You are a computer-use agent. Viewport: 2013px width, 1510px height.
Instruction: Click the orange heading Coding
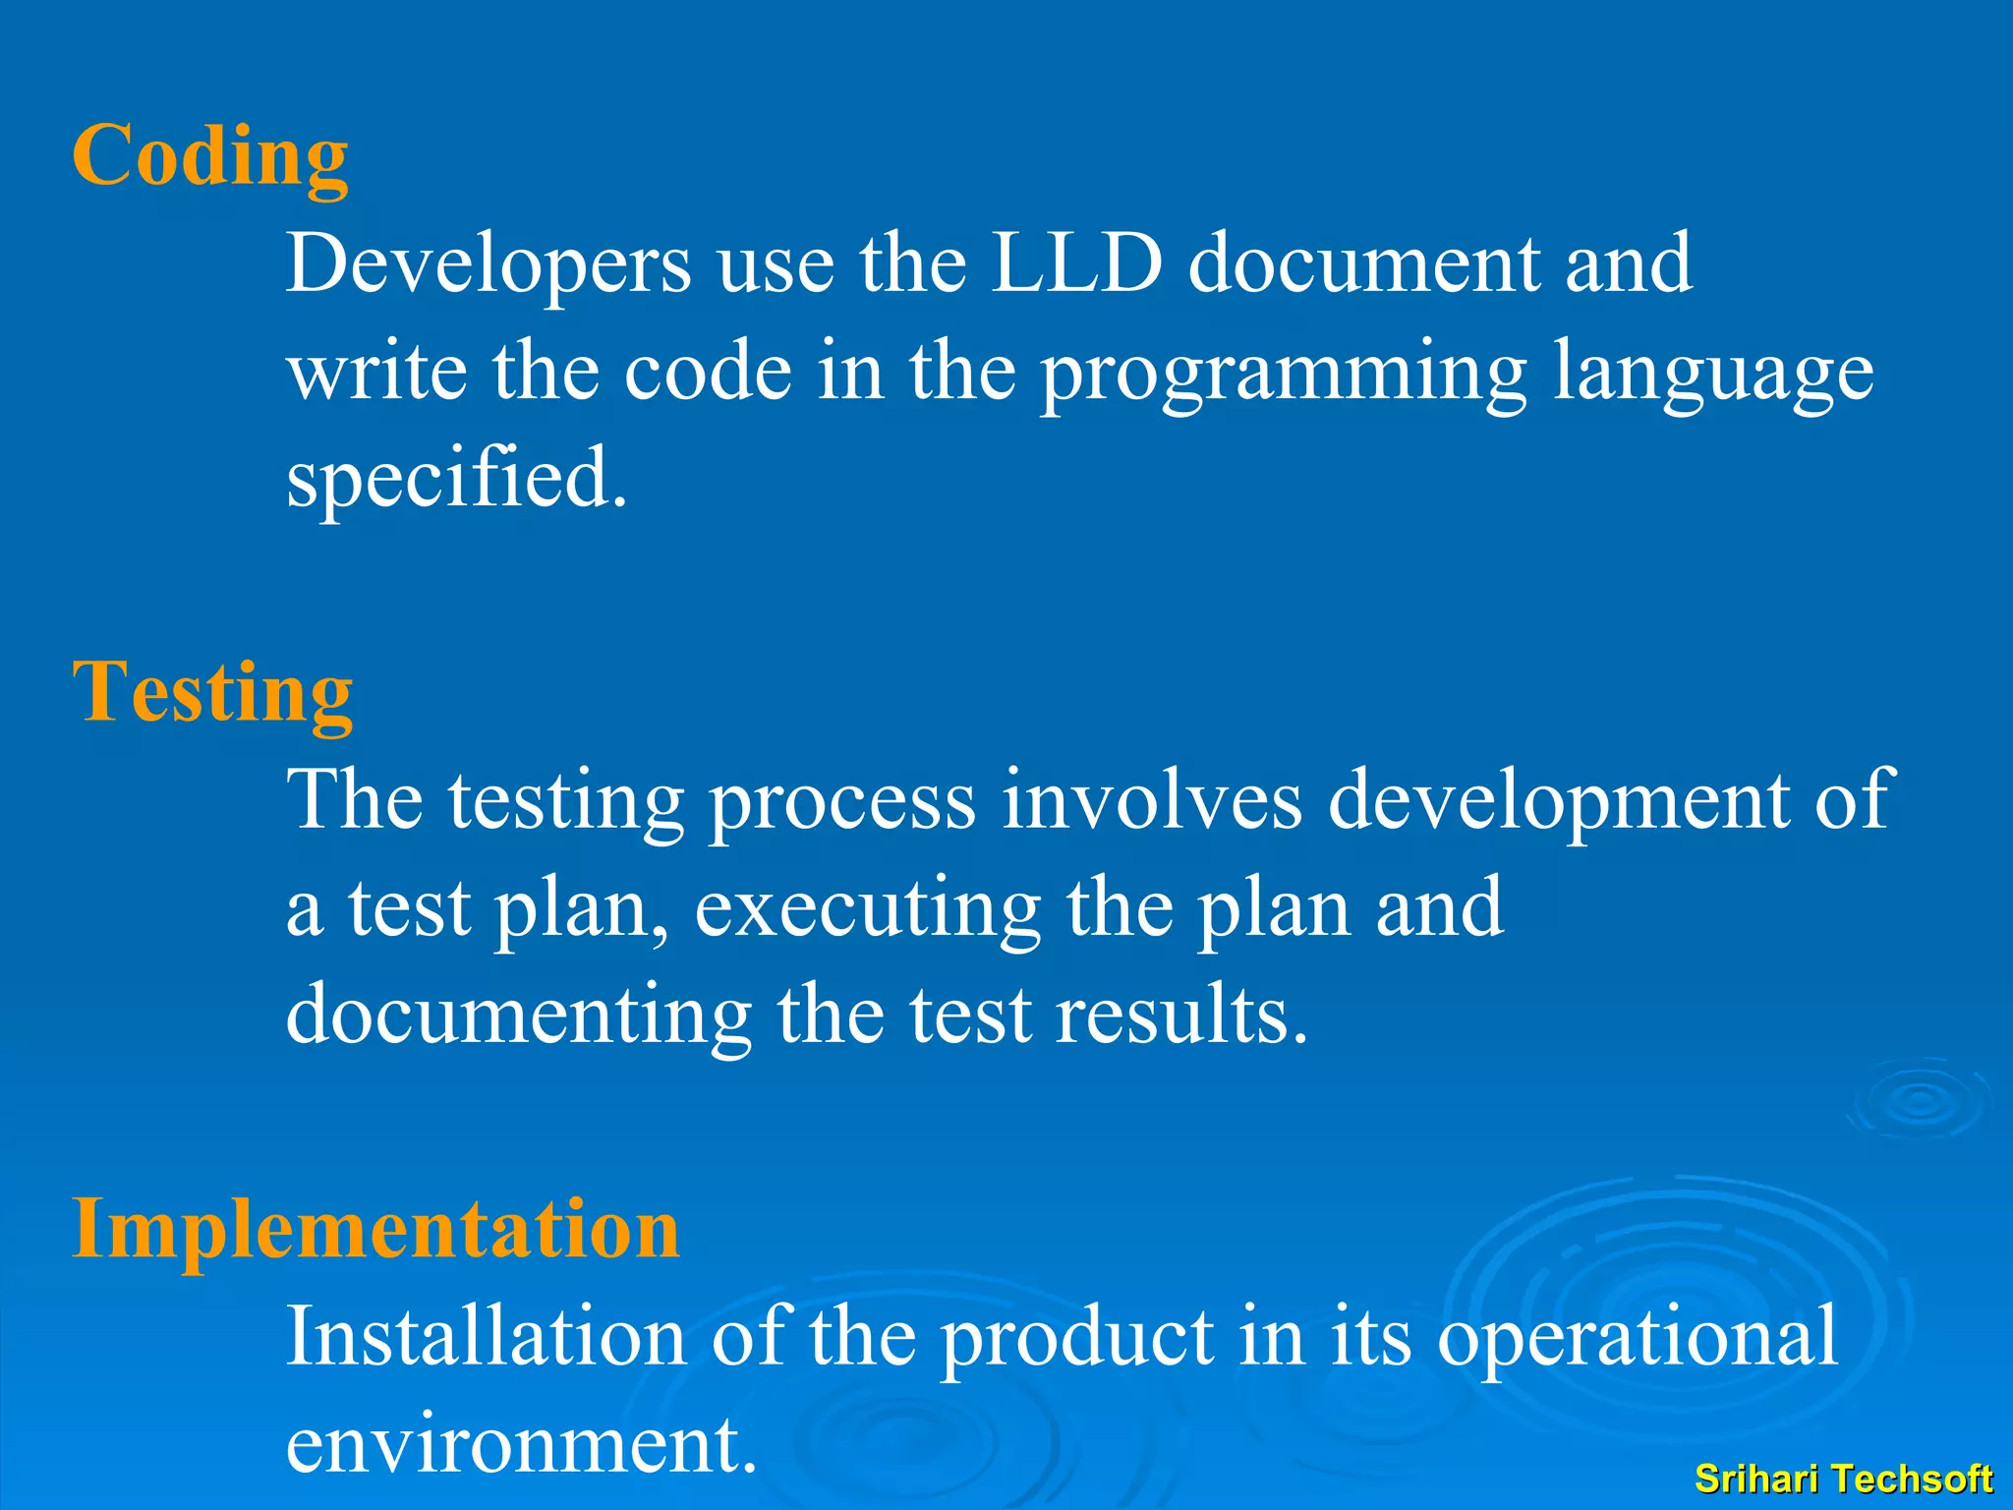coord(209,157)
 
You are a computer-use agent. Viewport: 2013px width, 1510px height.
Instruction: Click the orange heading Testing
coord(212,693)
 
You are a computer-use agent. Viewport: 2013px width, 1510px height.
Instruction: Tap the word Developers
coord(489,265)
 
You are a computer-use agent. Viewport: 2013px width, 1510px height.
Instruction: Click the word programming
coord(1284,374)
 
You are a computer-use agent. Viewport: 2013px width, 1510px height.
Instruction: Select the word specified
coord(456,479)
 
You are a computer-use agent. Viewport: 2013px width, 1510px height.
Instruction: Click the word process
coord(842,801)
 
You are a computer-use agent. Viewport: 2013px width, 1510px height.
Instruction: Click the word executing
coord(868,909)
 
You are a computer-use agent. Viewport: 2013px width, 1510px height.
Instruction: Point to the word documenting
coord(519,1016)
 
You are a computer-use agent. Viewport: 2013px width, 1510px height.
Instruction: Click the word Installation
coord(486,1336)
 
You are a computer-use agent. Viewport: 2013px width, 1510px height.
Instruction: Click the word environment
coord(521,1444)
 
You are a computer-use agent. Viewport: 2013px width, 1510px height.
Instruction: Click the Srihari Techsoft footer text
coord(1843,1479)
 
